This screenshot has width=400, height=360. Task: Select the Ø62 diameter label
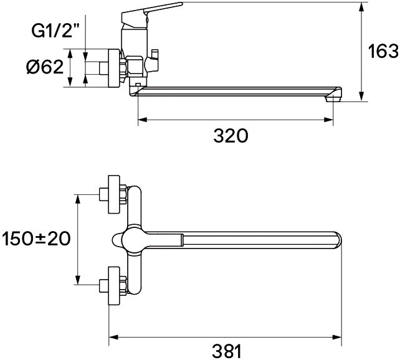click(45, 67)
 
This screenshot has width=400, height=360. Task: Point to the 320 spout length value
click(231, 136)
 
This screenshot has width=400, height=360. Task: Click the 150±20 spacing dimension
click(36, 239)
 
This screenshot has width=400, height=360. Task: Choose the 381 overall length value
click(227, 351)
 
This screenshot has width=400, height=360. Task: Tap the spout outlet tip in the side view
click(334, 98)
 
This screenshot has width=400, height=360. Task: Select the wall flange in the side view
click(114, 68)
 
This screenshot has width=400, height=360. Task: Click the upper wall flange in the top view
click(114, 194)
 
